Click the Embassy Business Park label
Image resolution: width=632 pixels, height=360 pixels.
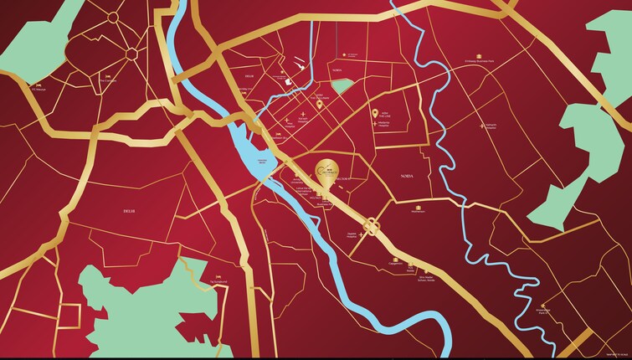coord(480,63)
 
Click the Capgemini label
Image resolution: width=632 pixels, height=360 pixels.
coord(395,261)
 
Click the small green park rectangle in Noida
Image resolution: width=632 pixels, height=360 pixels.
coord(339,85)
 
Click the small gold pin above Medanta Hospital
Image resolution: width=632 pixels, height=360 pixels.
coord(374,112)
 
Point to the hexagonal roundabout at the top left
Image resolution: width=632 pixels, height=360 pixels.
coord(131,53)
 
